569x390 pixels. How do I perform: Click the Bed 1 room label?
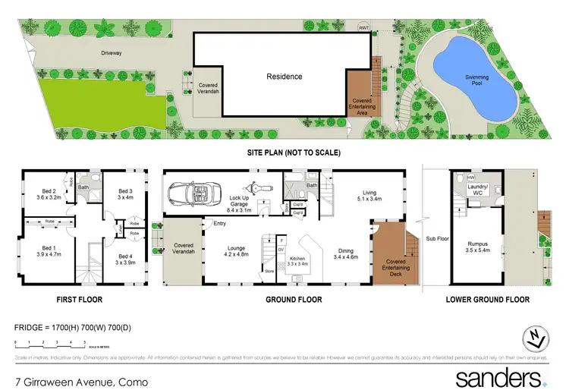pos(48,251)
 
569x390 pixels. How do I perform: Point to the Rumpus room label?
pos(477,247)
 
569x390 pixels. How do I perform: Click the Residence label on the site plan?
pos(284,77)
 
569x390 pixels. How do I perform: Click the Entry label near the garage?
pos(220,223)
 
